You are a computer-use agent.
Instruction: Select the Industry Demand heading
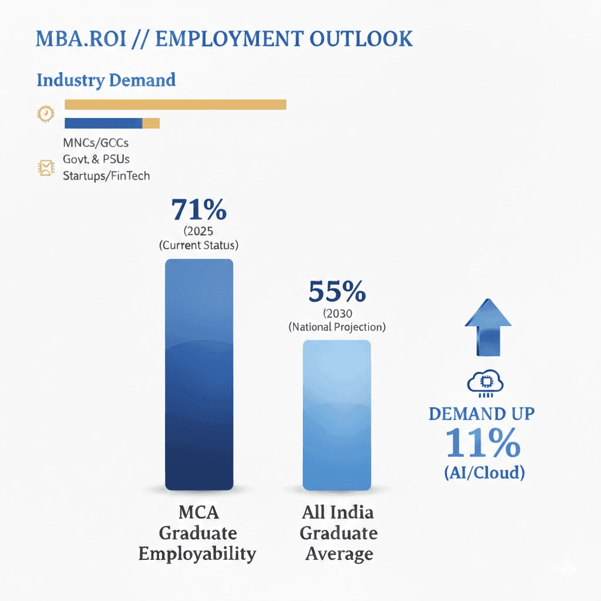coord(106,80)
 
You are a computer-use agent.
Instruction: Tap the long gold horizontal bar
coord(175,104)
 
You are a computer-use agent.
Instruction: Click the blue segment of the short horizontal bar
coord(103,123)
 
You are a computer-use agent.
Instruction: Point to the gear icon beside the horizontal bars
coord(45,113)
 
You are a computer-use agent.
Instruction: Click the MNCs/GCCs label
coord(96,143)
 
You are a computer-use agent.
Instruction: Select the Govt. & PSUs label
coord(96,159)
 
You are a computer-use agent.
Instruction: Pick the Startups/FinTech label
coord(106,175)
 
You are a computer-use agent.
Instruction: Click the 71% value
coord(199,210)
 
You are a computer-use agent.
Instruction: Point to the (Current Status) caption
coord(199,245)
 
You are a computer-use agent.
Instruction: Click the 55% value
coord(337,291)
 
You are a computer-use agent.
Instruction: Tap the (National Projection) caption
coord(337,327)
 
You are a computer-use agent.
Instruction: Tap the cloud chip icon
coord(485,383)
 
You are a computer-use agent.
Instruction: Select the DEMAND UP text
coord(481,413)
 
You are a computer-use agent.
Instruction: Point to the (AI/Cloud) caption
coord(483,472)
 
